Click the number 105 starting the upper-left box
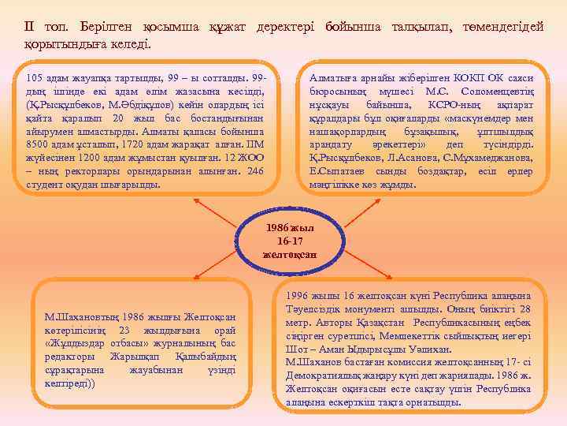35,79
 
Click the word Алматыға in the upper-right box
333,79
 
